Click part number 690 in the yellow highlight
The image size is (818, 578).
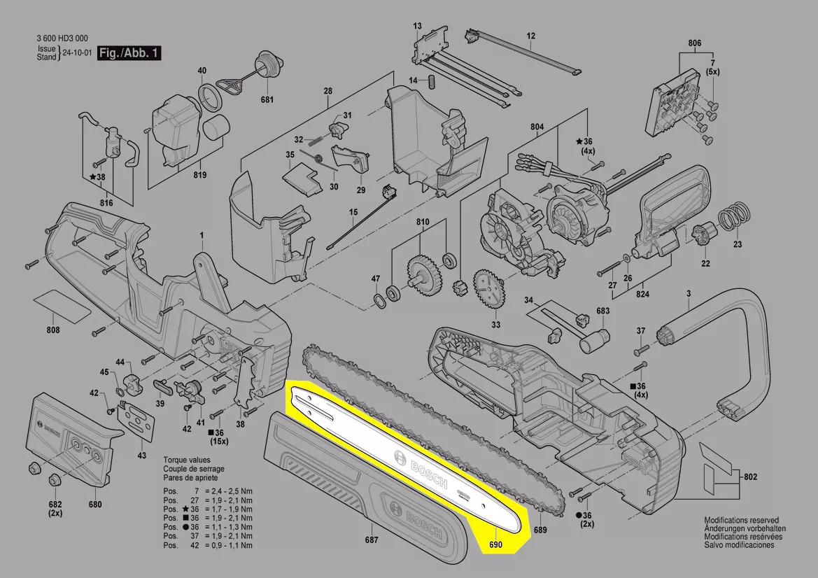click(x=495, y=545)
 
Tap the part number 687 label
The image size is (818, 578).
click(x=372, y=540)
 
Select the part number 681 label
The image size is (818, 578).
click(x=267, y=100)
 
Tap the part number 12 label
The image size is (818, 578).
click(x=530, y=36)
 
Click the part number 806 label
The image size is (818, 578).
click(x=694, y=43)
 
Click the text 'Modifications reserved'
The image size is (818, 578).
click(x=741, y=521)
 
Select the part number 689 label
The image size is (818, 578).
click(x=540, y=531)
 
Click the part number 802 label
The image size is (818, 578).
click(x=750, y=477)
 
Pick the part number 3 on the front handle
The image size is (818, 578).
click(x=688, y=295)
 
